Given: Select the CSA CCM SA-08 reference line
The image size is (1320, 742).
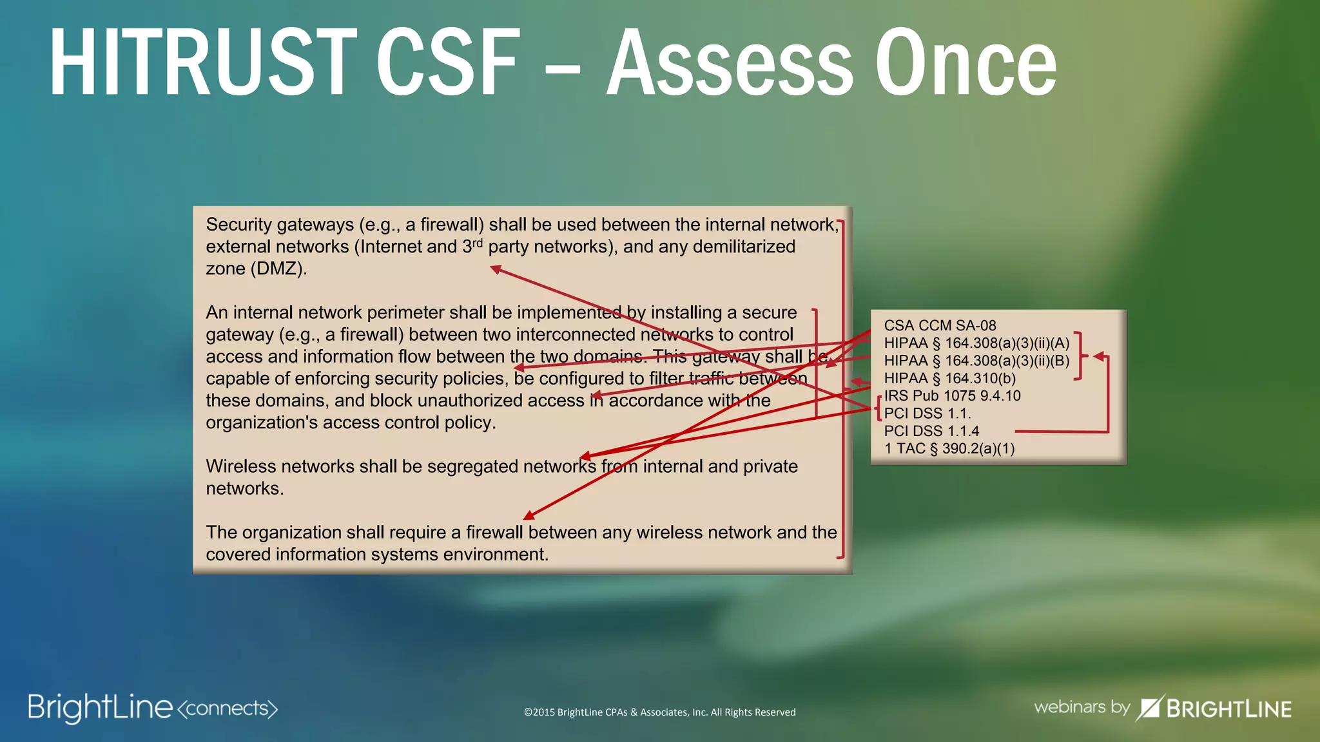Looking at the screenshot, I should click(x=940, y=326).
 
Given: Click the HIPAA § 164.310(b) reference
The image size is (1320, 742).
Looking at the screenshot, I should click(x=949, y=379).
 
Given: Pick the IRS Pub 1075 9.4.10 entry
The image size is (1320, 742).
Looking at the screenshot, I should click(x=952, y=396).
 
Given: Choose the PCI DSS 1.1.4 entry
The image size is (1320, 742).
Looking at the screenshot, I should click(x=931, y=431).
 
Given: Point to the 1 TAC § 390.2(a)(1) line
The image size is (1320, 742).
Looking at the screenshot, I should click(x=949, y=449).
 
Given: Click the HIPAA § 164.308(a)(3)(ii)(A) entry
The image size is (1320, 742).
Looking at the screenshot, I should click(x=976, y=343).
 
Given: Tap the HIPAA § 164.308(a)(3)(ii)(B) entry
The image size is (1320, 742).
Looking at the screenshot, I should click(x=976, y=361).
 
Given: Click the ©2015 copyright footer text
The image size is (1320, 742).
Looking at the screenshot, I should click(x=659, y=712).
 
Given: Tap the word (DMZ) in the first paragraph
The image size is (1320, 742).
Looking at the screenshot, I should click(x=278, y=269).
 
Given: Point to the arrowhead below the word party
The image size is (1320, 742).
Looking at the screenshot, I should click(x=496, y=269).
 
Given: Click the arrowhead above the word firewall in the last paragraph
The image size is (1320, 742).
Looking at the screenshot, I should click(x=529, y=515).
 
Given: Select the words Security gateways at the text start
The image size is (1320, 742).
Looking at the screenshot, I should click(x=280, y=225).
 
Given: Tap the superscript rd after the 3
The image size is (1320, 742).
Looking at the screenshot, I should click(x=477, y=243).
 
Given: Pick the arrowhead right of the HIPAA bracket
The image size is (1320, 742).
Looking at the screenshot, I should click(x=1099, y=356).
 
